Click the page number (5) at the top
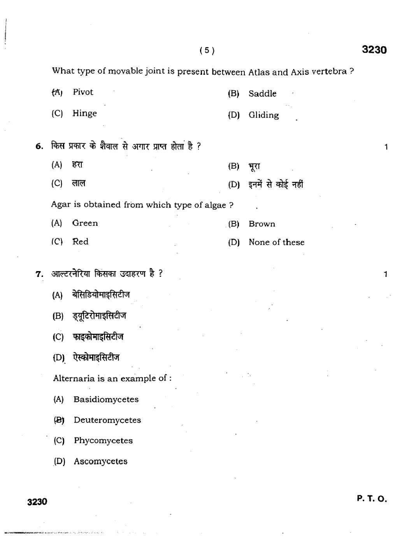207,50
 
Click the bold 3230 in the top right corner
374,50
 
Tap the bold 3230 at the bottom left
37,502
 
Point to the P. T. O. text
372,499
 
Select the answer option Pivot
83,92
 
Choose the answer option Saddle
262,94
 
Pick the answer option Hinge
84,113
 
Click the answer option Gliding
263,115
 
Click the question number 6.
39,146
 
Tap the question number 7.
39,274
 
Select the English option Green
85,223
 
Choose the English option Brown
262,224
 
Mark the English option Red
80,241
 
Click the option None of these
276,242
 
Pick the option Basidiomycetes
106,399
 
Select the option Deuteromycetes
107,420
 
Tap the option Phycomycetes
103,440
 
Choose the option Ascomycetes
100,461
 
